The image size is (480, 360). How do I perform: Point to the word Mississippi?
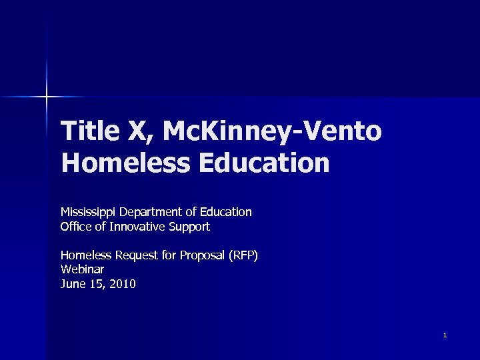tap(88, 212)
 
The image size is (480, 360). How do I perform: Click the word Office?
tap(75, 227)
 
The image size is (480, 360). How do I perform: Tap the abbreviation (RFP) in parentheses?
tap(243, 255)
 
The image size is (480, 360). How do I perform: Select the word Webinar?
tap(82, 269)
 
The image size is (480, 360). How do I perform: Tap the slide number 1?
tap(445, 335)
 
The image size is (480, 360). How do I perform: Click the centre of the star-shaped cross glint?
tap(46, 97)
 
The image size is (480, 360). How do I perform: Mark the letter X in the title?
tap(141, 131)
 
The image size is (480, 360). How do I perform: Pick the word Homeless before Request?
tap(86, 255)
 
